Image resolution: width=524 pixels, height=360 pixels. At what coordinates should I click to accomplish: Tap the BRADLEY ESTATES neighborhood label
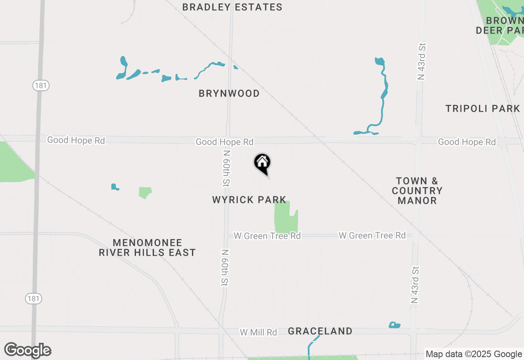click(x=232, y=7)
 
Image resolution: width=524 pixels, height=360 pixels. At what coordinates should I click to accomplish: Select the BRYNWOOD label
click(x=229, y=94)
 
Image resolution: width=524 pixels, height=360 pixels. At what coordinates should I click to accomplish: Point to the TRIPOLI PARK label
click(x=483, y=109)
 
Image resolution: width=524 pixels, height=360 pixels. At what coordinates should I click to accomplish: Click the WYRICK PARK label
click(x=249, y=200)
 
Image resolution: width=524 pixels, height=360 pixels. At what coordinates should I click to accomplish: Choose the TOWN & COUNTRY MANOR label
click(x=417, y=191)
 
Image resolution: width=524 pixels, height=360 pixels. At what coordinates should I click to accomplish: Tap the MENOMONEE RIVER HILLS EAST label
click(x=147, y=248)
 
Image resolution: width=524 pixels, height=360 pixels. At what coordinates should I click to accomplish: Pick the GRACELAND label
click(x=320, y=331)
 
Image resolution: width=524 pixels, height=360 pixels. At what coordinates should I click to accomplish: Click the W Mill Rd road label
click(x=258, y=332)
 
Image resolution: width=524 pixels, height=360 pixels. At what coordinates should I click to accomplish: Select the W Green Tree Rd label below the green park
click(x=267, y=236)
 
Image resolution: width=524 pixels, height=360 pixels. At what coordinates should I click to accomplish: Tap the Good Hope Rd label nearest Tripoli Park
click(x=467, y=142)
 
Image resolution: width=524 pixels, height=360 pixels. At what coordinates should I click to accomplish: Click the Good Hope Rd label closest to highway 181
click(x=76, y=140)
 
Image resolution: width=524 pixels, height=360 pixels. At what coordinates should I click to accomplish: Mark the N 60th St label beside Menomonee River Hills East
click(x=225, y=268)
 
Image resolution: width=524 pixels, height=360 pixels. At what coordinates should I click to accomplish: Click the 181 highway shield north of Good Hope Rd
click(x=41, y=85)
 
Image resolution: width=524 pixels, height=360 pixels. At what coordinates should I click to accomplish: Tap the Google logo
click(x=28, y=350)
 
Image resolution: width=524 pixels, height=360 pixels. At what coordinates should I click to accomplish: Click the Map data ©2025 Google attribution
click(x=474, y=354)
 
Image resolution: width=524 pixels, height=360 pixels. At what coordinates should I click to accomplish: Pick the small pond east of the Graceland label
click(x=394, y=325)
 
